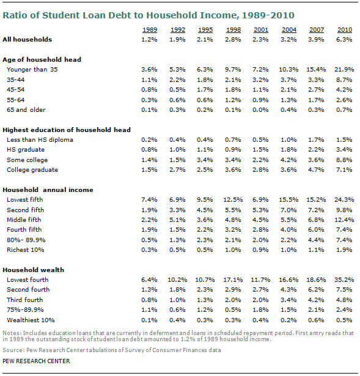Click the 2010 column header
pos(345,30)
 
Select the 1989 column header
pos(150,30)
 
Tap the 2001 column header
pos(261,30)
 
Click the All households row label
pos(27,39)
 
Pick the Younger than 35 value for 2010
pos(344,70)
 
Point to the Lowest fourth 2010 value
pos(344,279)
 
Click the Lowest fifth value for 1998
pos(233,199)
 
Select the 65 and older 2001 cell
pos(260,110)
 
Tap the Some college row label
pos(27,160)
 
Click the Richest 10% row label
pos(26,249)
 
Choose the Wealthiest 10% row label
pos(31,320)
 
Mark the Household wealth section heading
pos(34,270)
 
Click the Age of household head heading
pos(42,59)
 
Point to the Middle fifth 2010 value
pos(344,219)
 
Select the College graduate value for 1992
pos(177,170)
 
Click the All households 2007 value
pos(316,39)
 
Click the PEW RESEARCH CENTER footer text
pos(36,361)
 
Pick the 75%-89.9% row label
pos(25,309)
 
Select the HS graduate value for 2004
pos(288,150)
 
